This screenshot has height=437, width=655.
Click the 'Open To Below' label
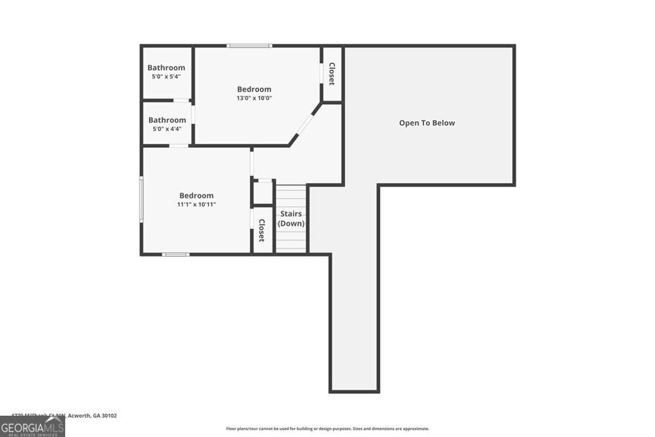point(427,123)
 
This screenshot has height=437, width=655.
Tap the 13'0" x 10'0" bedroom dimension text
point(254,99)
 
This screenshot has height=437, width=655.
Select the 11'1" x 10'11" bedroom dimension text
point(196,205)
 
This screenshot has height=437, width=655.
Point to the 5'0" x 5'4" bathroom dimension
point(166,77)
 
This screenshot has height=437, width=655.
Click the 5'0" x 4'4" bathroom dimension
point(167,129)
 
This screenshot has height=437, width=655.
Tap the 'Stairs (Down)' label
point(291,218)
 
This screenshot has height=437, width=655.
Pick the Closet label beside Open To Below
point(332,74)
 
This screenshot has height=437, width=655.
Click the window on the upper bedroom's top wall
point(249,45)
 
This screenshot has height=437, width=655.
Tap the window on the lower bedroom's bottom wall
point(175,255)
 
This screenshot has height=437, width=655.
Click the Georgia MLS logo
point(32,426)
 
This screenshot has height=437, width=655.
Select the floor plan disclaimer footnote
point(327,429)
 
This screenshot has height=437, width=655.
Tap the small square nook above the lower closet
point(263,193)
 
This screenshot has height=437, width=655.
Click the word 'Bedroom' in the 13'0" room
point(254,90)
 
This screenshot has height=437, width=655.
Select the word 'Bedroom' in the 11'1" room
point(196,196)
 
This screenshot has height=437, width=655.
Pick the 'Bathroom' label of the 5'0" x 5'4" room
point(166,68)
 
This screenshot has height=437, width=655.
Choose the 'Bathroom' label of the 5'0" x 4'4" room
point(167,120)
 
